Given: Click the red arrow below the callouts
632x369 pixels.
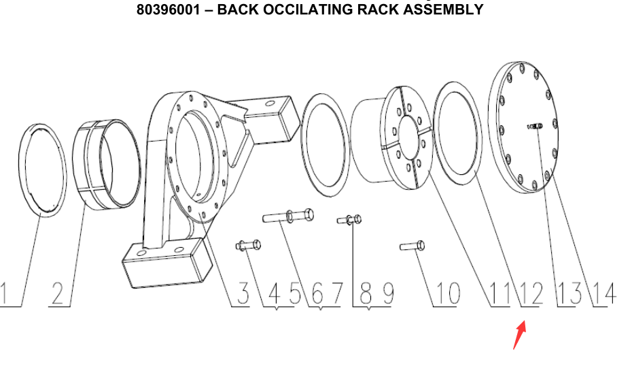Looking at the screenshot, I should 519,336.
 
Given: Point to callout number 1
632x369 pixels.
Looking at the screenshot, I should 5,293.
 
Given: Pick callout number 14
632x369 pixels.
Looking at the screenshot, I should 603,293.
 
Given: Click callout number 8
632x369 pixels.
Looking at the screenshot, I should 365,293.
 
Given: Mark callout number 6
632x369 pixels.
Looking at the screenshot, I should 317,293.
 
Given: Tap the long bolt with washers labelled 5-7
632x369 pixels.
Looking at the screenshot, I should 288,216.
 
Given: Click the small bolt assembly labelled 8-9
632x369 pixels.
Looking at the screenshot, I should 350,219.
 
